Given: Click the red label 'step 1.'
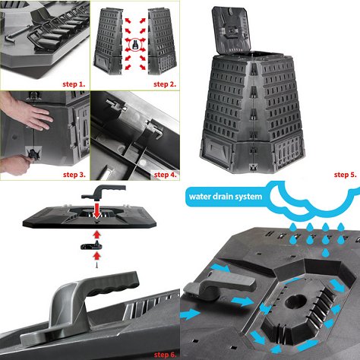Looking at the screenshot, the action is (74, 84).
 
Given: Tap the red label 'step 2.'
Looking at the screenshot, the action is (165, 84).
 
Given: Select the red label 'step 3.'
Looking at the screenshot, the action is (74, 175).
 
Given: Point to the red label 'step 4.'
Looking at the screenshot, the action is (166, 175).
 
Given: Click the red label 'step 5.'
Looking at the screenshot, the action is (346, 175).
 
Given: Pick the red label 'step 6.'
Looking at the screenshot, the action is (165, 355).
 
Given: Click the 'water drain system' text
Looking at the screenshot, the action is (226, 197).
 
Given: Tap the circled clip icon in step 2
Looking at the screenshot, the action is (135, 45).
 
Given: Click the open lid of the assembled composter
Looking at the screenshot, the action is (231, 30).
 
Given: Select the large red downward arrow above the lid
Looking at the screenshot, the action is (97, 210).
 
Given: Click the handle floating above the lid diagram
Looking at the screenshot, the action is (103, 191).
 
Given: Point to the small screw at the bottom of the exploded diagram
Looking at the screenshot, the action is (96, 265).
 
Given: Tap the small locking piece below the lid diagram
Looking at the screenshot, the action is (91, 246).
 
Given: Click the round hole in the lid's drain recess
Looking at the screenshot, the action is (295, 302).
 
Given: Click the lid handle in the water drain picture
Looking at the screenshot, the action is (219, 283).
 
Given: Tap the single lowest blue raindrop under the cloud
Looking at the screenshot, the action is (327, 252).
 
